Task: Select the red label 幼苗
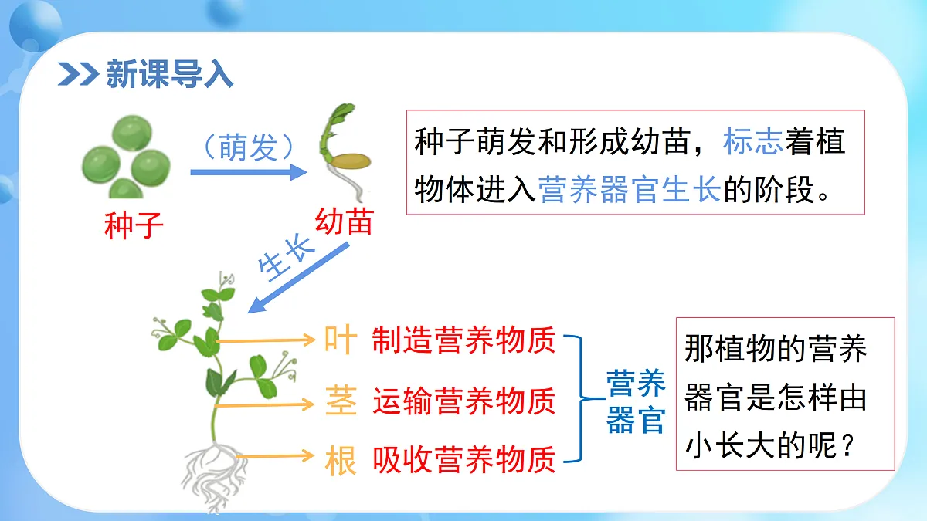[344, 222]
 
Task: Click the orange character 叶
[341, 340]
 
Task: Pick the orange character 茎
[341, 401]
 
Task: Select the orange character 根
[341, 461]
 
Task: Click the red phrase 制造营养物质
[463, 340]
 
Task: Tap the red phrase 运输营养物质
[463, 401]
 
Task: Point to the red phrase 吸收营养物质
[463, 461]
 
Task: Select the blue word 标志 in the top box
[753, 143]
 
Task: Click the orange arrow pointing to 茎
[267, 404]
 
